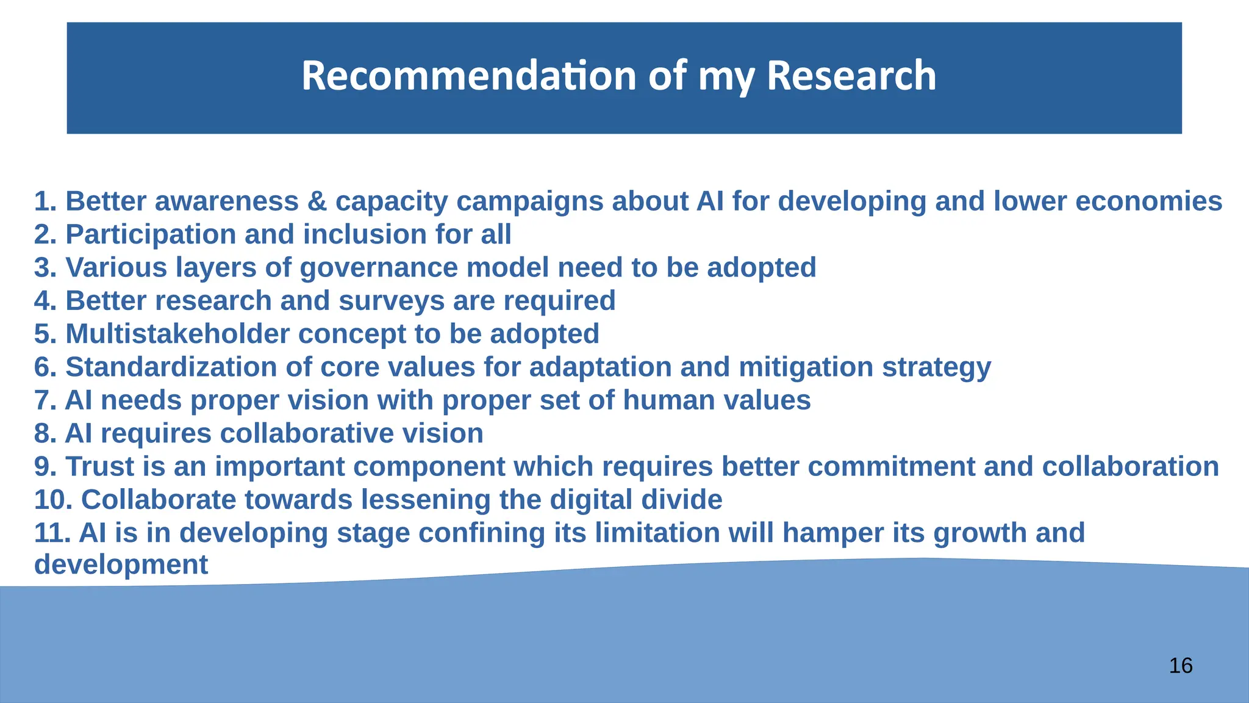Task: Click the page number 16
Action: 1181,666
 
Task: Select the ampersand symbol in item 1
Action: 317,201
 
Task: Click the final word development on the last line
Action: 121,564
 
